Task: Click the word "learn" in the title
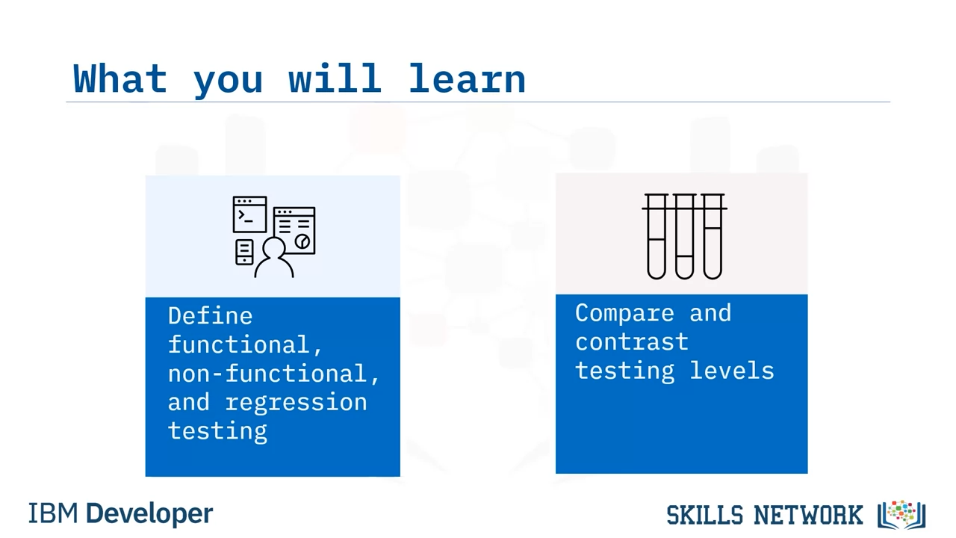click(467, 78)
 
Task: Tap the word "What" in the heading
click(120, 78)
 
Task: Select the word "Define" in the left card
click(211, 316)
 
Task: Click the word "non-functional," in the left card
click(273, 374)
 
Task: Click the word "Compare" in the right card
click(625, 314)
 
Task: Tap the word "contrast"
click(632, 342)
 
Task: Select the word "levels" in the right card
click(732, 370)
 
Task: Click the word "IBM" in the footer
click(53, 513)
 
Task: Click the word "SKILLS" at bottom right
click(704, 515)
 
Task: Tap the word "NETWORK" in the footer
click(808, 515)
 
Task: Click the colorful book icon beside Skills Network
click(901, 515)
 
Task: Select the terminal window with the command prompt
click(249, 214)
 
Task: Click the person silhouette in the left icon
click(274, 258)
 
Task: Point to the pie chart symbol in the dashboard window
click(302, 241)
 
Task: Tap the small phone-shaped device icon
click(244, 253)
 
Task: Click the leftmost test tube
click(657, 237)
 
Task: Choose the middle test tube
click(685, 237)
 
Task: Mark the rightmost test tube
click(713, 237)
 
